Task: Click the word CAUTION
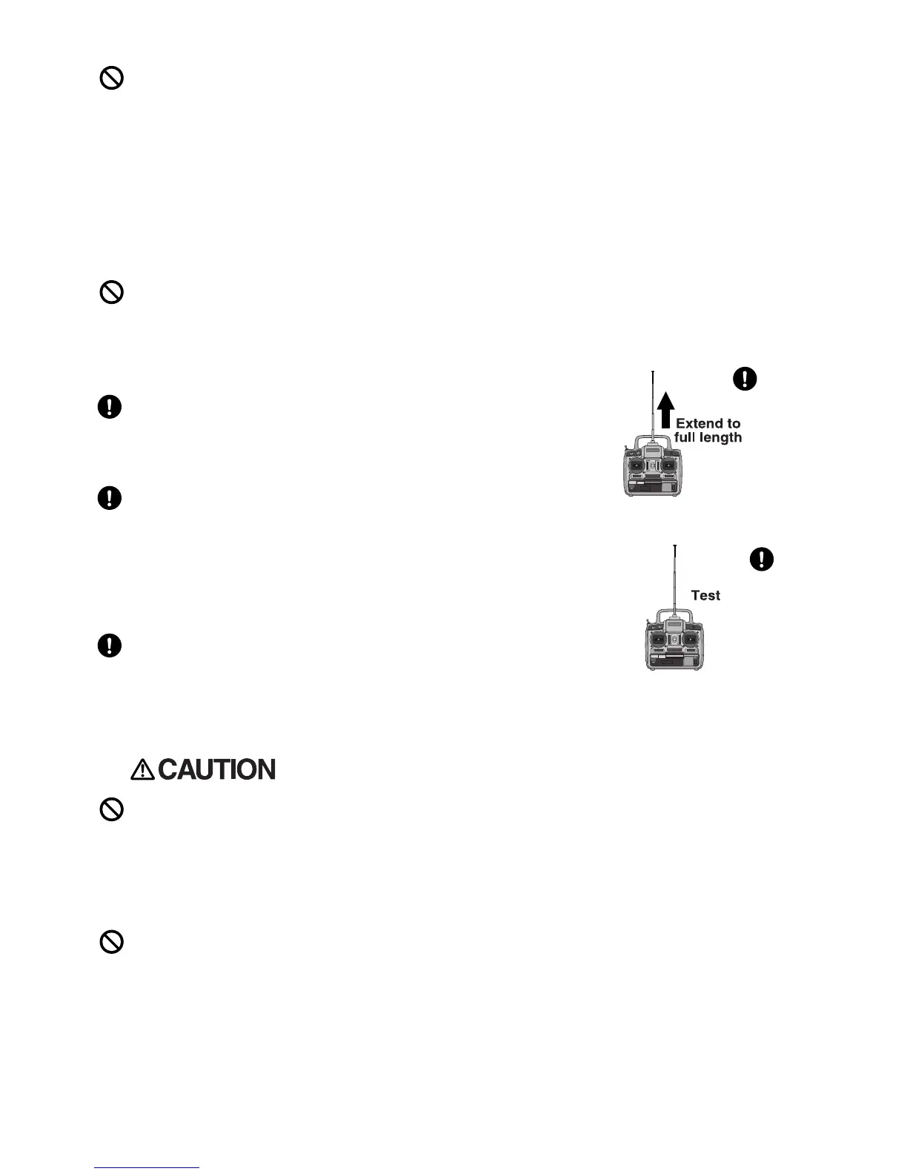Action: click(x=216, y=770)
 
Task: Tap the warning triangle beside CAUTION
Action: click(x=142, y=770)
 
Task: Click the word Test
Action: click(x=705, y=595)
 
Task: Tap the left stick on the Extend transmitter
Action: click(x=636, y=465)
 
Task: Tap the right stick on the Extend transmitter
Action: click(x=669, y=465)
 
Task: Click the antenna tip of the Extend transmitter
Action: click(x=653, y=371)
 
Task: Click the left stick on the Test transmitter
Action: click(x=657, y=640)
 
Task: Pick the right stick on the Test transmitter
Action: click(x=691, y=640)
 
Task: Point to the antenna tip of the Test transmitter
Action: click(x=675, y=546)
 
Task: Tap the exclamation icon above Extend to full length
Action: click(x=745, y=379)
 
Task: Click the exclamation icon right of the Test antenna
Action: click(x=763, y=559)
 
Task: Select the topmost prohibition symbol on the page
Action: click(x=111, y=79)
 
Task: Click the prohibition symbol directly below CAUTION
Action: click(x=111, y=809)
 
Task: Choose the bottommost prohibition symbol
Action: click(x=111, y=942)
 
